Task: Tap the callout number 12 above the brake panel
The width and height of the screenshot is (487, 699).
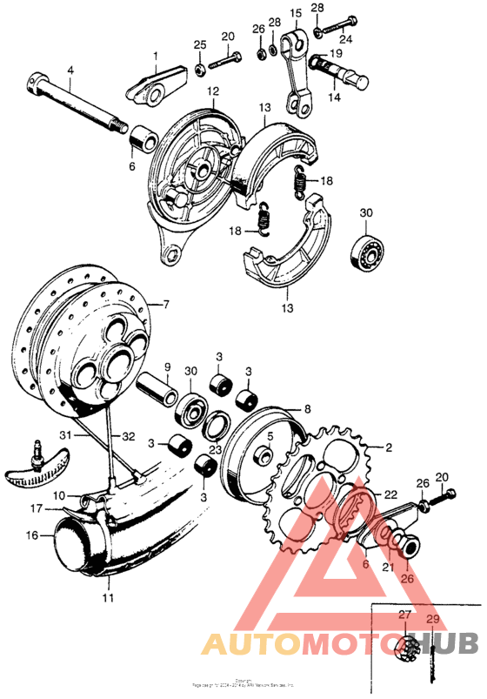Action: coord(212,91)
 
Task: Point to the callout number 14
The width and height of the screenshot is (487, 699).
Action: coord(334,99)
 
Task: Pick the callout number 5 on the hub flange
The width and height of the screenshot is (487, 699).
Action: coord(270,436)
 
